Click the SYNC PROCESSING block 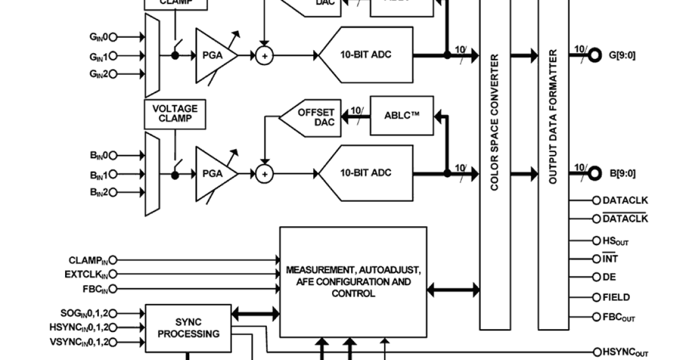pos(188,327)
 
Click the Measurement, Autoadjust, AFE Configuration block pos(353,282)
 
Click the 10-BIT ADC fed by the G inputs pos(366,55)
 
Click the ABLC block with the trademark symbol pos(401,115)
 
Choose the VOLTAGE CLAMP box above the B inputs pos(175,113)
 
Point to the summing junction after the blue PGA pos(264,174)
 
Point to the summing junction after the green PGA pos(264,55)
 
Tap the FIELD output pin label pos(616,297)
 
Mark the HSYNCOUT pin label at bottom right pos(625,353)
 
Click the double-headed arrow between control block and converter pos(453,290)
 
